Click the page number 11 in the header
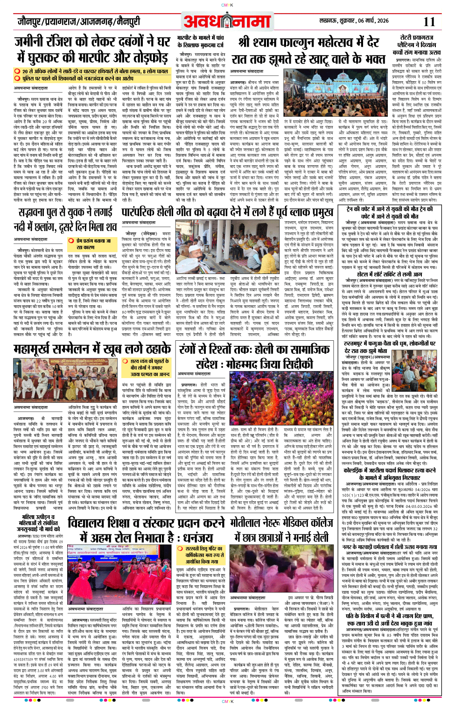pos(429,21)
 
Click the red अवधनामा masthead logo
pos(227,21)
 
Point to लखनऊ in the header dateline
pos(328,21)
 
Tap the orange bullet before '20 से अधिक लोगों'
pos(17,71)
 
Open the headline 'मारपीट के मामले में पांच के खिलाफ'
pos(200,42)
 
